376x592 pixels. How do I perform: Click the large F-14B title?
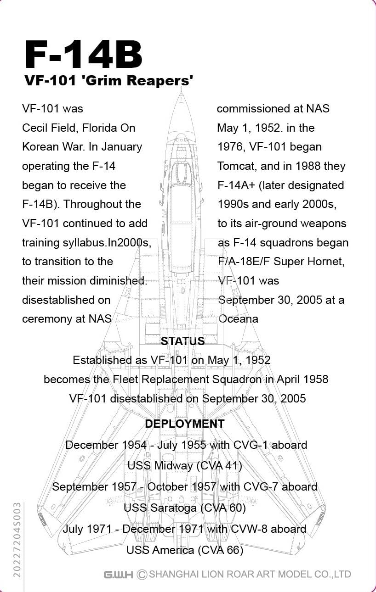83,56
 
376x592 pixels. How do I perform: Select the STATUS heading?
182,341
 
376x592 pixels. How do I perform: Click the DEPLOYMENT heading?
185,424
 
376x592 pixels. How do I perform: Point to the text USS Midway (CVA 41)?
185,465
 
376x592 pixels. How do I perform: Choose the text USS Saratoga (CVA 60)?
185,508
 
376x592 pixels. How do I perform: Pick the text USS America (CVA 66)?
185,549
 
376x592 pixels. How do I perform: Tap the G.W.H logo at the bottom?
118,574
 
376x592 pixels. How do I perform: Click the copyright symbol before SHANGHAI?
142,574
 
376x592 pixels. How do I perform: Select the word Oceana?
238,319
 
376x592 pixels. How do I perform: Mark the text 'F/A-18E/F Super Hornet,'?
281,262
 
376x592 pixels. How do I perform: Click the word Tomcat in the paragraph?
237,166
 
